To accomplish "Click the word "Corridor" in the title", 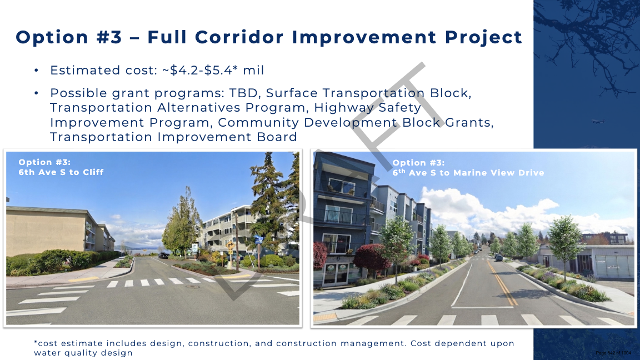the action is click(x=239, y=37).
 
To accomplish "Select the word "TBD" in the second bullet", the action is click(x=244, y=93).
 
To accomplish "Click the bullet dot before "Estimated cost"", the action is click(x=36, y=71).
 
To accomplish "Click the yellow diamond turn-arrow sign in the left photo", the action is click(x=230, y=246).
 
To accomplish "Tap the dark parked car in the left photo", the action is click(x=163, y=256).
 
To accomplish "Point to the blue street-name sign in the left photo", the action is click(x=258, y=239).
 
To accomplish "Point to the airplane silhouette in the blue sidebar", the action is click(x=598, y=121).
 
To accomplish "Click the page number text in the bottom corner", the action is click(x=613, y=353).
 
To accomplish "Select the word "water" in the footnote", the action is click(x=46, y=353).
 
